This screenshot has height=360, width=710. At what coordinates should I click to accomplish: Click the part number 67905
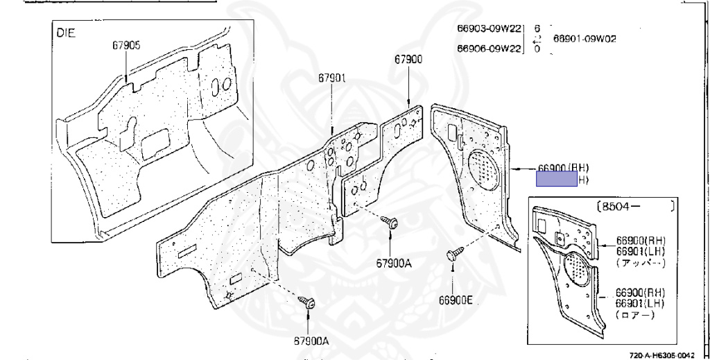click(126, 46)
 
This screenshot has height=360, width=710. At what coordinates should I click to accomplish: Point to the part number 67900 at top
click(408, 60)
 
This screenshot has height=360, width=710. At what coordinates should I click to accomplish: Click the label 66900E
click(455, 300)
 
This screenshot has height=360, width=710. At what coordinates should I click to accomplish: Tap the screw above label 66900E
click(454, 255)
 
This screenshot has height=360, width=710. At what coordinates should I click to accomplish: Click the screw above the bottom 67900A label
click(308, 302)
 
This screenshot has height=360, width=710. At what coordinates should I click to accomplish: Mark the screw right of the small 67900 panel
click(390, 223)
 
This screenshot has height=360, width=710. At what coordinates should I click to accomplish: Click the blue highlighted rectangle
click(557, 180)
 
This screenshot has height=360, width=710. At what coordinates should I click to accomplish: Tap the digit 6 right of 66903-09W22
click(537, 28)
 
